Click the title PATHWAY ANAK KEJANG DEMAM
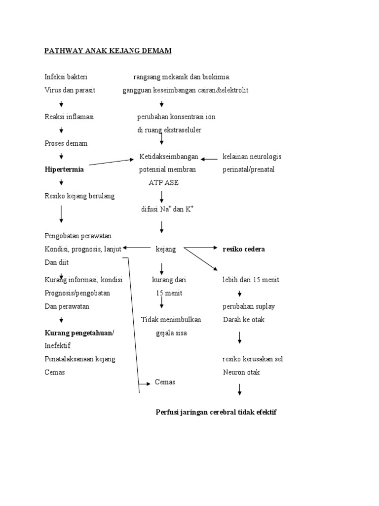click(x=108, y=51)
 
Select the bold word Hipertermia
click(x=64, y=169)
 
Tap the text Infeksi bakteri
click(x=66, y=77)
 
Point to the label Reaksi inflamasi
click(x=69, y=117)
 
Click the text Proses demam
click(x=66, y=143)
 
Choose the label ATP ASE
click(x=163, y=183)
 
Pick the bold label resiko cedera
click(x=244, y=249)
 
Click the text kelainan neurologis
click(x=252, y=157)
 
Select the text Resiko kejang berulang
click(x=79, y=196)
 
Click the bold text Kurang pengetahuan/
click(x=79, y=333)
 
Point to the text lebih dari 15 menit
click(x=251, y=280)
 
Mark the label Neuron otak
click(x=241, y=372)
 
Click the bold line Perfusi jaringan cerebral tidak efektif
click(x=216, y=412)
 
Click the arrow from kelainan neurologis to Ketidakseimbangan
click(x=209, y=159)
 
